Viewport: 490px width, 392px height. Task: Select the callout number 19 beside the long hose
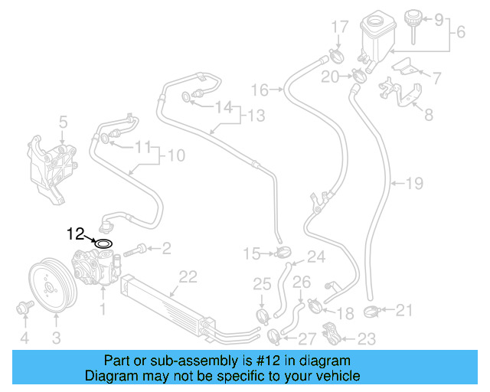pyautogui.click(x=413, y=183)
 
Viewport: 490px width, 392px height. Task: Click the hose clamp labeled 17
pyautogui.click(x=334, y=55)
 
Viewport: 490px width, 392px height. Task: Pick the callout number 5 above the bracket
pyautogui.click(x=64, y=121)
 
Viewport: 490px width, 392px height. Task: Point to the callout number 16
pyautogui.click(x=260, y=90)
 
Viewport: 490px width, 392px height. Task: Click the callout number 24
pyautogui.click(x=315, y=256)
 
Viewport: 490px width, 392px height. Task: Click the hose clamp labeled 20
pyautogui.click(x=358, y=76)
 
